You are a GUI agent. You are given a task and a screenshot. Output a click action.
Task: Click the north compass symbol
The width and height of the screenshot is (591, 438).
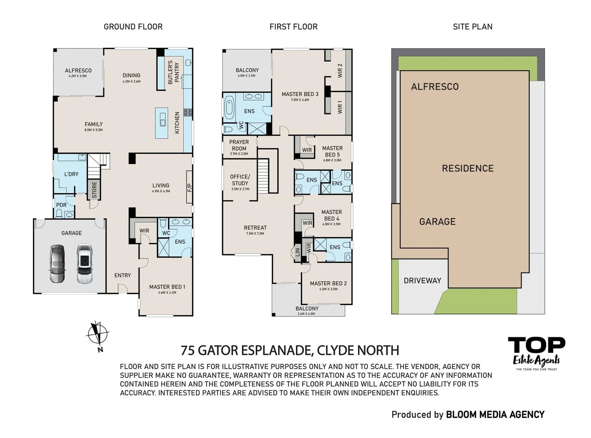[x=97, y=335]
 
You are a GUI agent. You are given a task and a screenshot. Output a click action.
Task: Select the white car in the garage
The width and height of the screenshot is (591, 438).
[x=84, y=263]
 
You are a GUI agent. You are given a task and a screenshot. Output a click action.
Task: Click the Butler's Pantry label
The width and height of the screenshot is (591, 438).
[x=173, y=72]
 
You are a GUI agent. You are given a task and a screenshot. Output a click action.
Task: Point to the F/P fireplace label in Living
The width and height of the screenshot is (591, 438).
[x=190, y=187]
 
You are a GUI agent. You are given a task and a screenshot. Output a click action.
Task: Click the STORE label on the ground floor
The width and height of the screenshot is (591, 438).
[x=94, y=190]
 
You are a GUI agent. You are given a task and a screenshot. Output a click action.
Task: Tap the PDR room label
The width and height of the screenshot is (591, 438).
[x=61, y=205]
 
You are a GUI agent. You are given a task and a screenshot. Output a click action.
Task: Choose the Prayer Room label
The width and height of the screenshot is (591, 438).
[x=239, y=145]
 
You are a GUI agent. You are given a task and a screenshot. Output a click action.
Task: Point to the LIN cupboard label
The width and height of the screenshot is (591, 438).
[x=298, y=252]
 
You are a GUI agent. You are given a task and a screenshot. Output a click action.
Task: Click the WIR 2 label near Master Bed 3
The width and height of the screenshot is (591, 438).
[x=340, y=71]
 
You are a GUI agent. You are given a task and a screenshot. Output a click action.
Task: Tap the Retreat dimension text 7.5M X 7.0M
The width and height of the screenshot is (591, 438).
[x=255, y=234]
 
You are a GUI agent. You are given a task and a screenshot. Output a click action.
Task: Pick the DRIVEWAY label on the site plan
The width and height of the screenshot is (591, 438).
[x=422, y=280]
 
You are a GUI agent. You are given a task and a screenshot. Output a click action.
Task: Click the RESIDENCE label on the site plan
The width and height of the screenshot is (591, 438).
[x=468, y=168]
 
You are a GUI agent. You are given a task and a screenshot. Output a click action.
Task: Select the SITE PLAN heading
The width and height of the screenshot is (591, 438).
[x=472, y=27]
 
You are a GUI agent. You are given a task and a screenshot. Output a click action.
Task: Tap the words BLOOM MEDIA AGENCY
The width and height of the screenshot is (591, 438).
[x=495, y=414]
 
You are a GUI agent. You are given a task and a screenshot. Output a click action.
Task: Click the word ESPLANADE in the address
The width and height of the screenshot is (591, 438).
[x=276, y=350]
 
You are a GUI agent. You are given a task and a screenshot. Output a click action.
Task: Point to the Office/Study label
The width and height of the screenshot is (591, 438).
[x=240, y=180]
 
